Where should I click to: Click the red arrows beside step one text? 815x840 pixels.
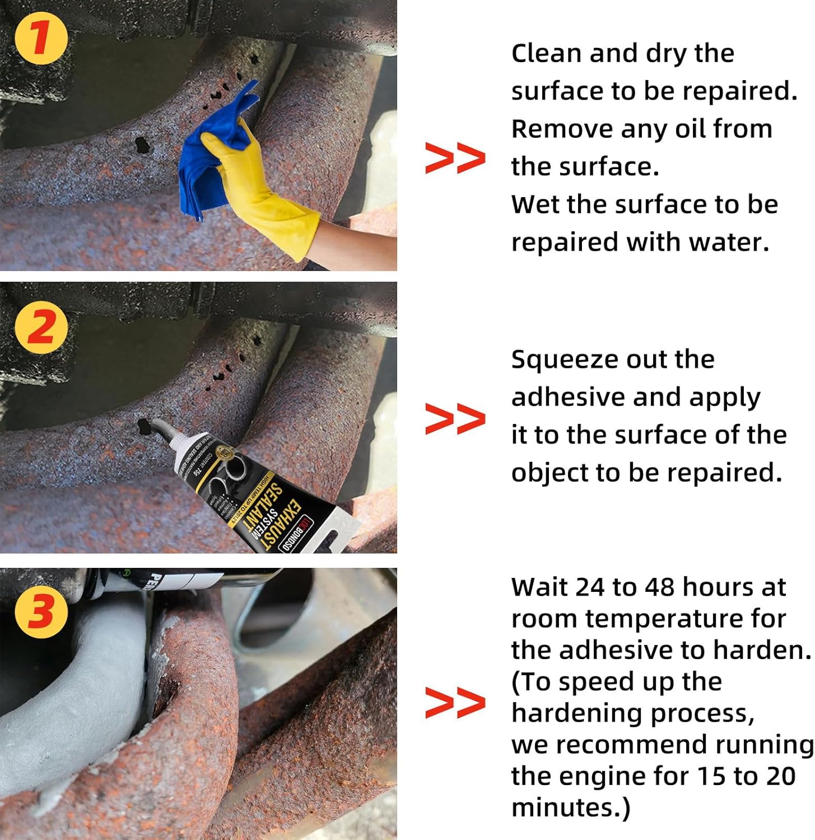455,158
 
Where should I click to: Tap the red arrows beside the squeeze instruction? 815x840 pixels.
455,419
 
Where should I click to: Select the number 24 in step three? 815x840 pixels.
589,587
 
